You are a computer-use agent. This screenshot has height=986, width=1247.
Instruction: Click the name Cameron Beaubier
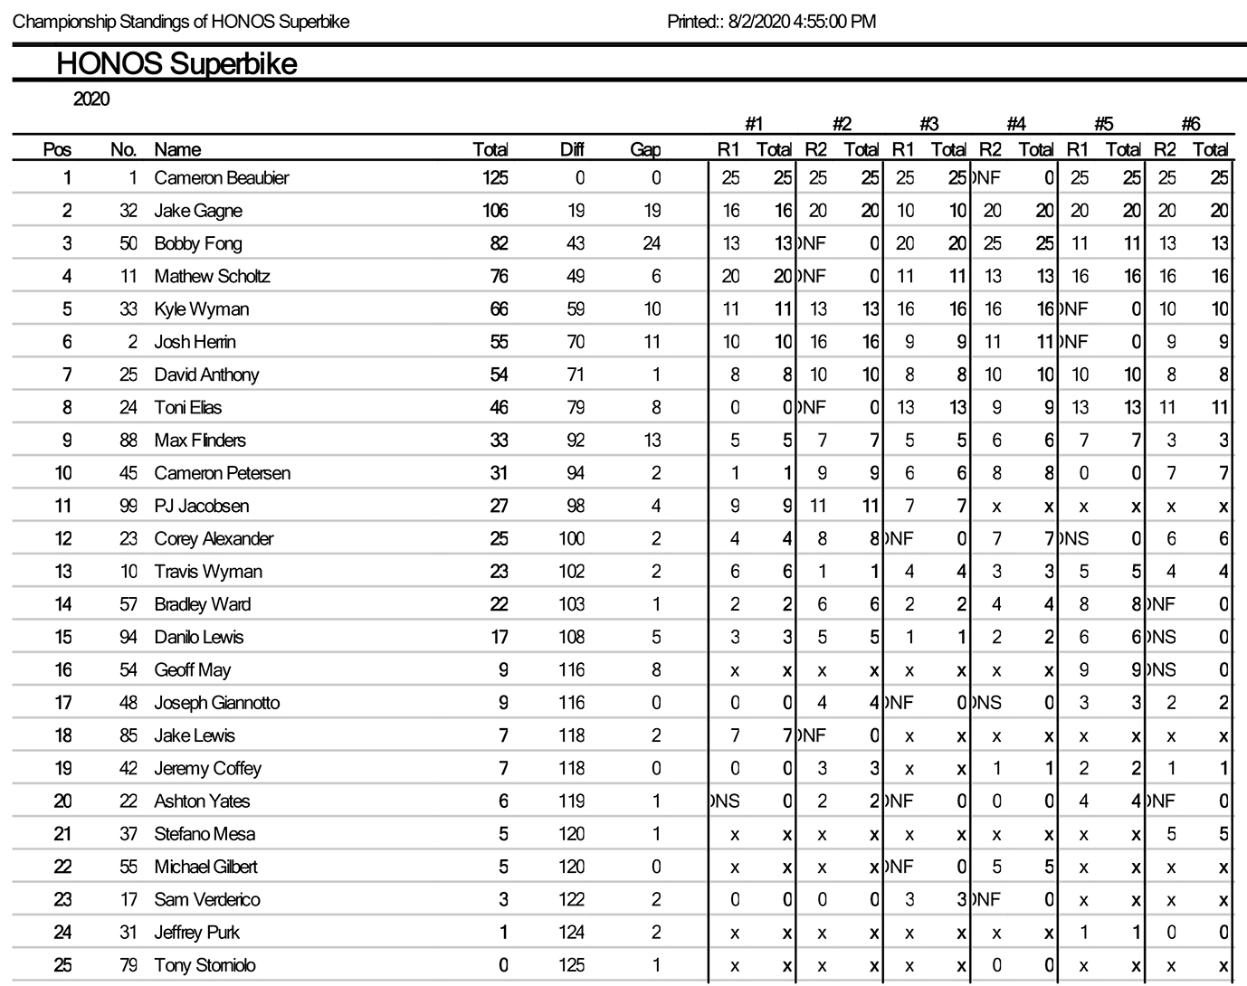tap(221, 178)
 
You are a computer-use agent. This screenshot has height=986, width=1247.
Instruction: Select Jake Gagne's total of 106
tap(495, 211)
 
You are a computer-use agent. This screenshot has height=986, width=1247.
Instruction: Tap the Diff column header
tap(571, 150)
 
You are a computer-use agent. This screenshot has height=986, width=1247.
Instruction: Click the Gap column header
tap(645, 150)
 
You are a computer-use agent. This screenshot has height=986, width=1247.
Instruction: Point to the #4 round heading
tap(1015, 125)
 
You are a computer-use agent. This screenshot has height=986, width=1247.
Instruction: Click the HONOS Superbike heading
tap(176, 64)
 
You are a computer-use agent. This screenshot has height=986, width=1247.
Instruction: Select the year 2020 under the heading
tap(91, 100)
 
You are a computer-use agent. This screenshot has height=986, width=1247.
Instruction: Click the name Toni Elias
tap(187, 408)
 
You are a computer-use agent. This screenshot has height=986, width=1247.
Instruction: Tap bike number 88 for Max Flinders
tap(129, 441)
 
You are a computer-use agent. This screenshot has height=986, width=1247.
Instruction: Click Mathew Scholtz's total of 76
tap(499, 276)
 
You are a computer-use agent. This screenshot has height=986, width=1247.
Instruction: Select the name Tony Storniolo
tap(205, 965)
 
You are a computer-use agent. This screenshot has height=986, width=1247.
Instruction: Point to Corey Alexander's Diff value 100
tap(571, 539)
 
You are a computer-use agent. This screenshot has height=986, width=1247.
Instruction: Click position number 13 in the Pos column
tap(62, 572)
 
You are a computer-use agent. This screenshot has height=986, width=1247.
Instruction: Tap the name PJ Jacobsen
tap(201, 506)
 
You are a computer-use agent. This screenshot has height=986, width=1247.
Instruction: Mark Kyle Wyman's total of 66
tap(499, 309)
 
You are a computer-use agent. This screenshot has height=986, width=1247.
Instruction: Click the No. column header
tap(123, 150)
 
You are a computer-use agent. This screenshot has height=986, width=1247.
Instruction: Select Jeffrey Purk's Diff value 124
tap(571, 933)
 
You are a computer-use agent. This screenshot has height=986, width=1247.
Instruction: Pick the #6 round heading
tap(1190, 125)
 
